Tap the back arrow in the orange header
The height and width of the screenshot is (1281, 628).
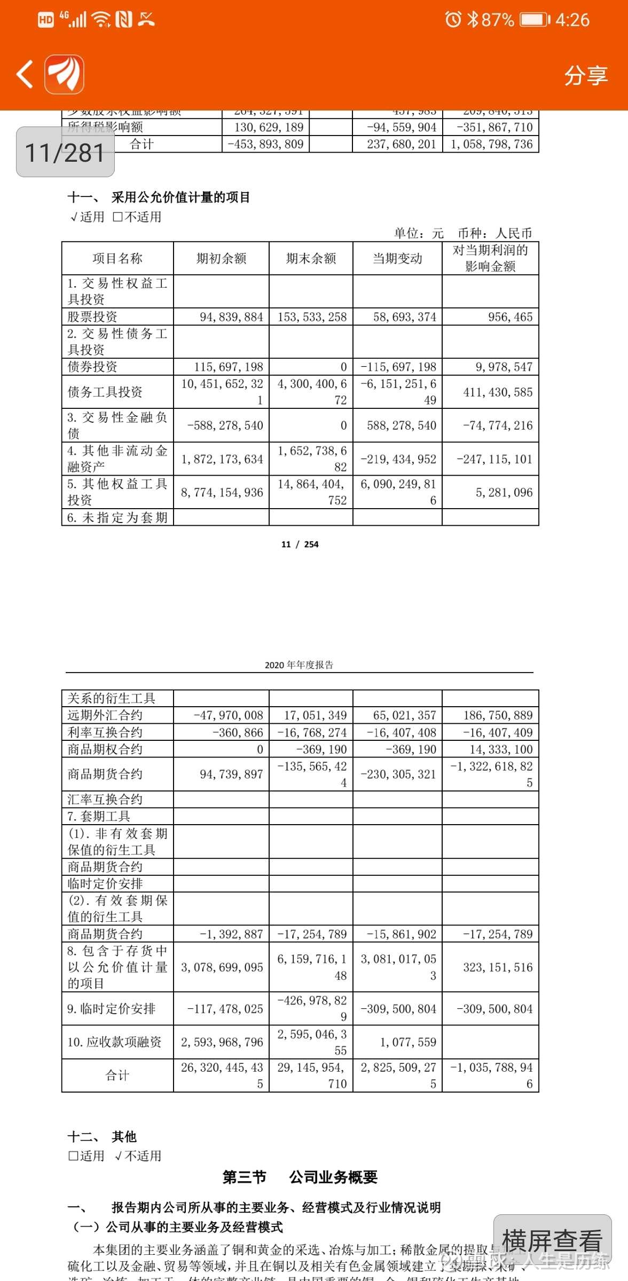coord(25,74)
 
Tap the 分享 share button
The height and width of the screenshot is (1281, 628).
coord(586,75)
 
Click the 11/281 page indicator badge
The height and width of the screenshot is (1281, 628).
coord(65,153)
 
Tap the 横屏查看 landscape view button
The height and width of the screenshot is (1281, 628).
coord(552,1240)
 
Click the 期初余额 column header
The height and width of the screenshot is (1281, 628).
coord(221,259)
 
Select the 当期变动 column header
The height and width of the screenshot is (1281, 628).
coord(397,259)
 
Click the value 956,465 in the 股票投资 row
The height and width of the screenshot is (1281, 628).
coord(510,317)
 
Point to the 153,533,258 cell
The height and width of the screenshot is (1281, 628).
coord(312,317)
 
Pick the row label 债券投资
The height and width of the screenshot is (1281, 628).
coord(92,367)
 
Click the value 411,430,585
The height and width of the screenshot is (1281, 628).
coord(498,392)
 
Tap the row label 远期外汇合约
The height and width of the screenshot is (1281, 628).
coord(105,715)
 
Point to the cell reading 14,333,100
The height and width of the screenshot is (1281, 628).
coord(501,749)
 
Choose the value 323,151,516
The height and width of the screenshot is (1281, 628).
coord(498,967)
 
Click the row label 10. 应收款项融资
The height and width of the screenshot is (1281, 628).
coord(114,1042)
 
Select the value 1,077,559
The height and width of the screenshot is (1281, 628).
coord(408,1042)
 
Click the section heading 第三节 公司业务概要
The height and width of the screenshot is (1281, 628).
coord(300,1177)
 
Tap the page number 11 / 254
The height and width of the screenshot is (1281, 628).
coord(300,544)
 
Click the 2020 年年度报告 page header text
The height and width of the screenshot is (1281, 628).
coord(299,665)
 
